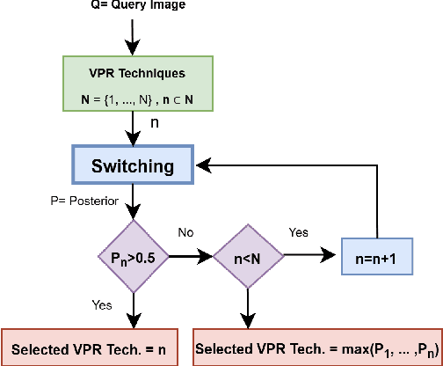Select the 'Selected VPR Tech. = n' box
(91, 347)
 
